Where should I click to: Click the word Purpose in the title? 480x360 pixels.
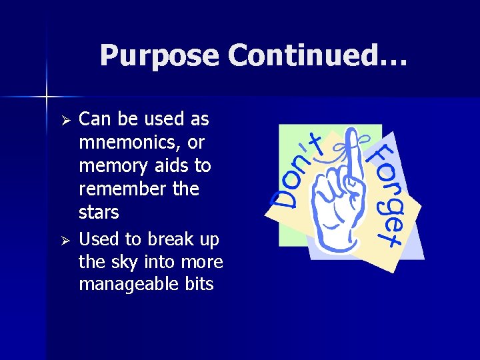(159, 55)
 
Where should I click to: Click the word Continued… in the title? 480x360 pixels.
(317, 55)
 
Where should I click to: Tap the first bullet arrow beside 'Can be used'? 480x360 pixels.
(65, 121)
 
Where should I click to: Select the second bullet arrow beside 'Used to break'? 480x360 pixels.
(65, 240)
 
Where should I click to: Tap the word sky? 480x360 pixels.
(125, 262)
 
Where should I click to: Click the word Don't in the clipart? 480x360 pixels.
(296, 173)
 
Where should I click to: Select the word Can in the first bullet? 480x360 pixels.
(93, 119)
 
